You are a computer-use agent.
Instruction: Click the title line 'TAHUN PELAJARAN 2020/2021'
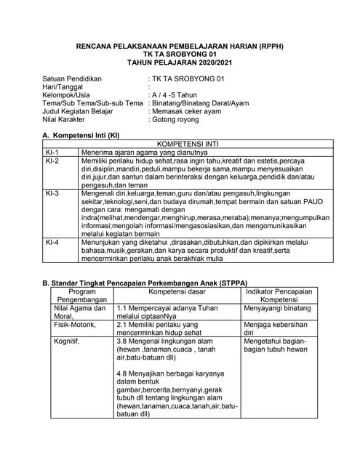(x=180, y=63)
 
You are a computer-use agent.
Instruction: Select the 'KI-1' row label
(x=52, y=152)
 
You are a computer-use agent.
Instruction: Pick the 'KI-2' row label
(x=52, y=161)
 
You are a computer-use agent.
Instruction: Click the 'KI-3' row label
(x=52, y=194)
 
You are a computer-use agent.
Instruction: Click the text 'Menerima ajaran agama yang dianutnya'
(x=140, y=152)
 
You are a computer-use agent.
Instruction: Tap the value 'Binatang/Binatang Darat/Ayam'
(x=199, y=103)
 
